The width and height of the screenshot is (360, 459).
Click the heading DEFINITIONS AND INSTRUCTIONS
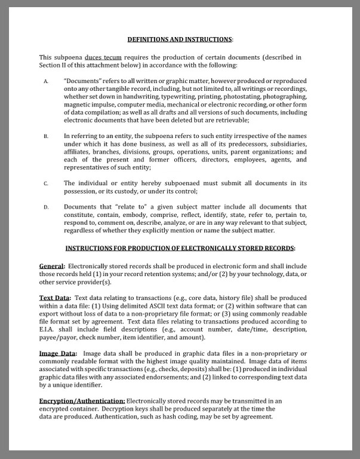tap(179, 39)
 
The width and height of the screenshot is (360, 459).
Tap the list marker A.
tap(46, 81)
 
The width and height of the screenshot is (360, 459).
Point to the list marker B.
tap(46, 137)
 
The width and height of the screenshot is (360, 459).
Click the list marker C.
tap(46, 183)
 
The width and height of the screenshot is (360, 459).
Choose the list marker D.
tap(46, 207)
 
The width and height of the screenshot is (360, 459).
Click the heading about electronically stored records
tap(180, 248)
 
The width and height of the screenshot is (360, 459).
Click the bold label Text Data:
tap(55, 298)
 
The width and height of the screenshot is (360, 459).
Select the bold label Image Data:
tap(58, 353)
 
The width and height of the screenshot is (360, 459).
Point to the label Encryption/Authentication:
tap(82, 400)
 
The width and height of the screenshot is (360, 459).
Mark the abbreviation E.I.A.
tap(48, 329)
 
